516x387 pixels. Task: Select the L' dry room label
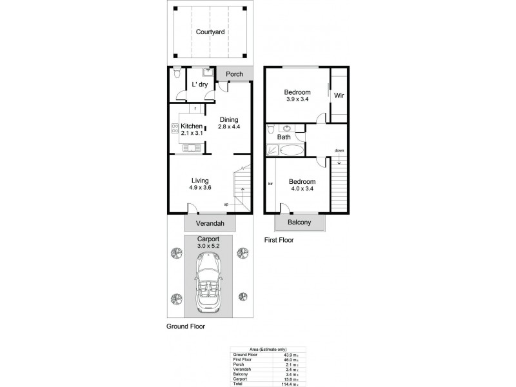[199, 84]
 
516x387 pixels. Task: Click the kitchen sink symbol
[191, 148]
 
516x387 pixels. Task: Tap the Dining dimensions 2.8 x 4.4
[229, 128]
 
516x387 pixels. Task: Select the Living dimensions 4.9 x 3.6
[201, 188]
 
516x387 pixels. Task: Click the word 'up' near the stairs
[226, 204]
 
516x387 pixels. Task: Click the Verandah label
[210, 224]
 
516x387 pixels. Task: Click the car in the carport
[210, 284]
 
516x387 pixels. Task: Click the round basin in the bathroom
[286, 128]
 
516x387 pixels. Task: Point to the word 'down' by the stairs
[339, 151]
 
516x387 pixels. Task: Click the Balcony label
[300, 223]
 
